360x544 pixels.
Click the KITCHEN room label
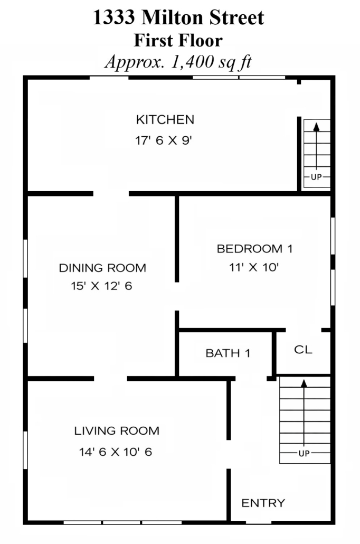pyautogui.click(x=165, y=120)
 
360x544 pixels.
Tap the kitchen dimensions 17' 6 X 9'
pyautogui.click(x=164, y=140)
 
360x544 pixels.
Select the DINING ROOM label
pyautogui.click(x=102, y=268)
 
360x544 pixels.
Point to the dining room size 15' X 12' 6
pyautogui.click(x=102, y=286)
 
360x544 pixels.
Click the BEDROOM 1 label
pyautogui.click(x=254, y=249)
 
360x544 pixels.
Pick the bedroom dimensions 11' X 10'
pyautogui.click(x=254, y=267)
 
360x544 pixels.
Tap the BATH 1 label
pyautogui.click(x=228, y=353)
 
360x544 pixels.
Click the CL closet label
pyautogui.click(x=303, y=349)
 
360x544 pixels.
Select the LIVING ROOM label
pyautogui.click(x=117, y=431)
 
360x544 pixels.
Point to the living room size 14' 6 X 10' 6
pyautogui.click(x=116, y=452)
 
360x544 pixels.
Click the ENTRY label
pyautogui.click(x=263, y=503)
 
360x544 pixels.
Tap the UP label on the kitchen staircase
pyautogui.click(x=316, y=177)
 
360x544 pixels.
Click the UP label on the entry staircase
pyautogui.click(x=304, y=454)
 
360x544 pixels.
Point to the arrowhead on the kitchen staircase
pyautogui.click(x=316, y=127)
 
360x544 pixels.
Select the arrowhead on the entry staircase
pyautogui.click(x=304, y=383)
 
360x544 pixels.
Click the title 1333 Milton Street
pyautogui.click(x=178, y=17)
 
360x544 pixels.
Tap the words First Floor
pyautogui.click(x=178, y=40)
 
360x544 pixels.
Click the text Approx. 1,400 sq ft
pyautogui.click(x=178, y=62)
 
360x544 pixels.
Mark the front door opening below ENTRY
pyautogui.click(x=259, y=522)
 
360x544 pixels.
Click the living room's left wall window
pyautogui.click(x=25, y=450)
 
